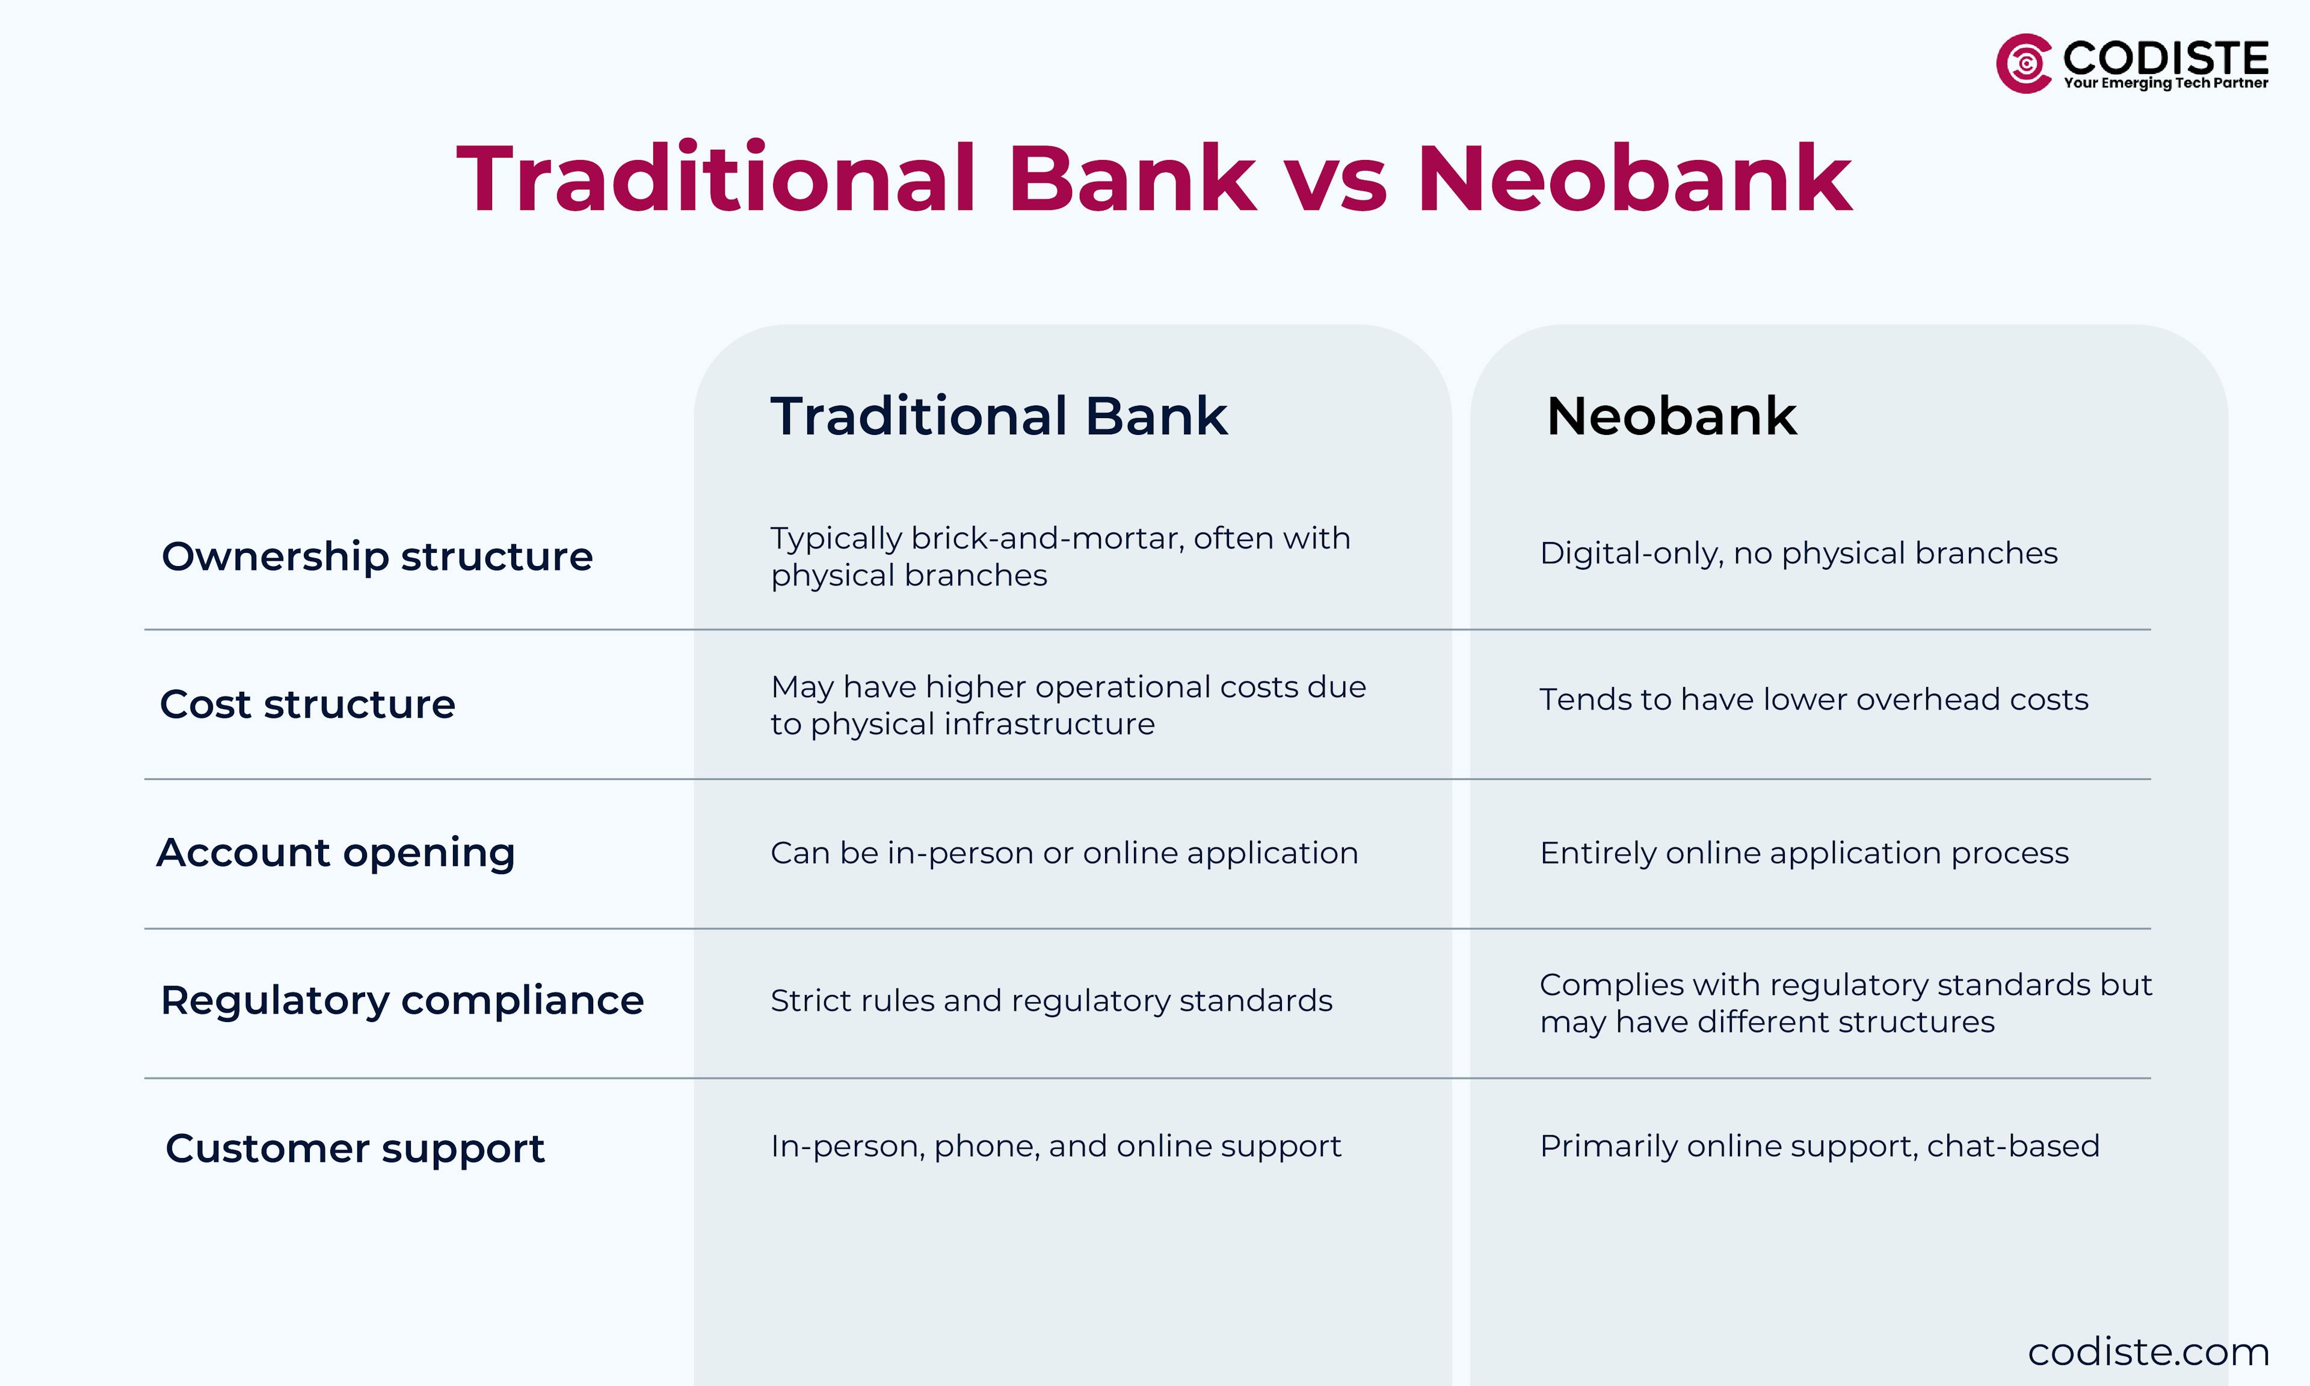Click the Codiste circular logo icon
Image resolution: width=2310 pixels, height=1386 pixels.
point(2023,64)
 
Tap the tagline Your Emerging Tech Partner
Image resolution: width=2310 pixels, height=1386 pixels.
point(2165,83)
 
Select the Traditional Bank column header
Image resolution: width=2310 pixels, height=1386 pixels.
point(998,416)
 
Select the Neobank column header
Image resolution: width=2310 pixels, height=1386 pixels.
point(1671,416)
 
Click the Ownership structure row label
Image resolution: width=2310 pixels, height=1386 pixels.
point(377,556)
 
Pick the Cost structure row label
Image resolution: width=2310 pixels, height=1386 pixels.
point(307,704)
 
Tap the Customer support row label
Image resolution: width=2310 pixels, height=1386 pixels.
point(355,1148)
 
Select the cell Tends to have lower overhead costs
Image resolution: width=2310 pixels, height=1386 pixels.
point(1813,700)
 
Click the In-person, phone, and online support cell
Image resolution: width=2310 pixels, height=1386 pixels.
point(1055,1146)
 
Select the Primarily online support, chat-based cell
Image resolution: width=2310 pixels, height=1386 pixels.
point(1819,1146)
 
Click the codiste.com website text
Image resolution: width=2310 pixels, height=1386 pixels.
point(2148,1352)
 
